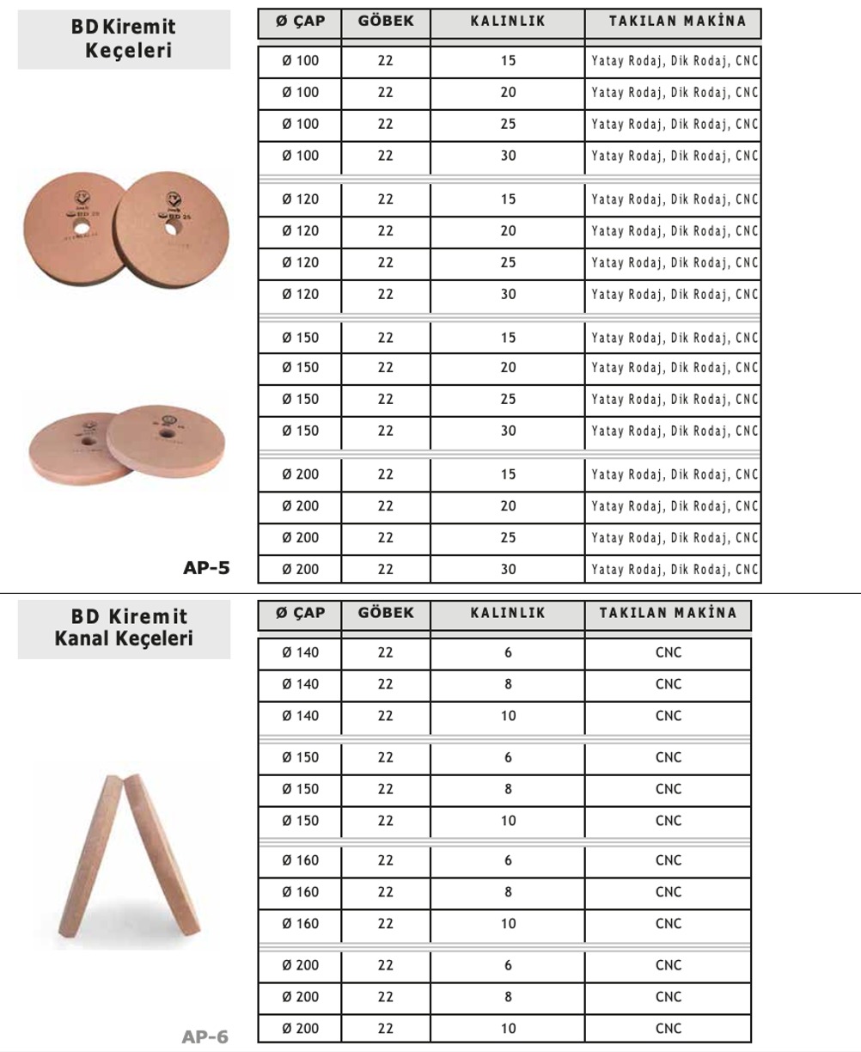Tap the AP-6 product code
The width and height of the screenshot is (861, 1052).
point(205,1037)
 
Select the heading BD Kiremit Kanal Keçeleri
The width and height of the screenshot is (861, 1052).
point(124,628)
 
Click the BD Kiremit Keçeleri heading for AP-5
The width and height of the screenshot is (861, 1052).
point(124,39)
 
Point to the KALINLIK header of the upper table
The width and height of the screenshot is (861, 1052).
point(508,21)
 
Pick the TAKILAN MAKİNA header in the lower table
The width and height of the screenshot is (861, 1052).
point(668,613)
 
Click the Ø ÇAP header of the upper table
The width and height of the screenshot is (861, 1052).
point(300,21)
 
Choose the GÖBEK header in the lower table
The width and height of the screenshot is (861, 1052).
point(385,613)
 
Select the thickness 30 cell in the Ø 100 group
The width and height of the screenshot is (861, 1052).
point(508,156)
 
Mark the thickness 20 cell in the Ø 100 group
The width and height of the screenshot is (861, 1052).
point(508,92)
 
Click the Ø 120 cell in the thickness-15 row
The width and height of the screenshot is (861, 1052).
point(300,199)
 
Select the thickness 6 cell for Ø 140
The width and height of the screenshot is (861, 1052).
point(508,652)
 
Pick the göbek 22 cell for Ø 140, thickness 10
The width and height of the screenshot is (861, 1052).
point(385,715)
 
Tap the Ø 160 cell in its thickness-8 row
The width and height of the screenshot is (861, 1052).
point(300,892)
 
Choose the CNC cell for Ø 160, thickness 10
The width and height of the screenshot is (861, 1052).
point(668,923)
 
